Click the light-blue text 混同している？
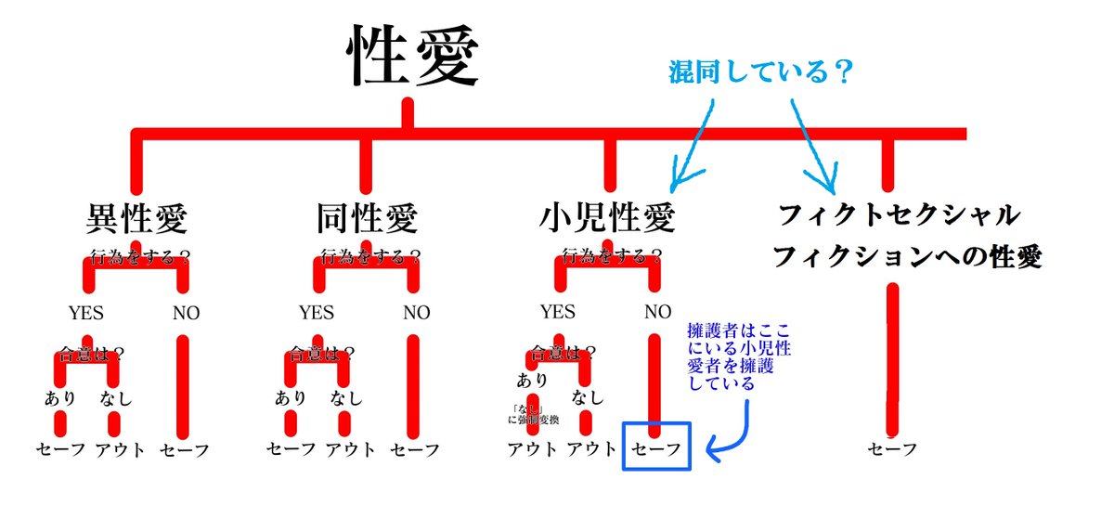[760, 72]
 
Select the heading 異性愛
[136, 219]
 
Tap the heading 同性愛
[367, 219]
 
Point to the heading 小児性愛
[607, 219]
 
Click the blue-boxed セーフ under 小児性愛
[657, 449]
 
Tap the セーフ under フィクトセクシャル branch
[892, 449]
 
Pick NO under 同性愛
[416, 312]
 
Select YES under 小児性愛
[557, 312]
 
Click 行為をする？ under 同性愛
[369, 253]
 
